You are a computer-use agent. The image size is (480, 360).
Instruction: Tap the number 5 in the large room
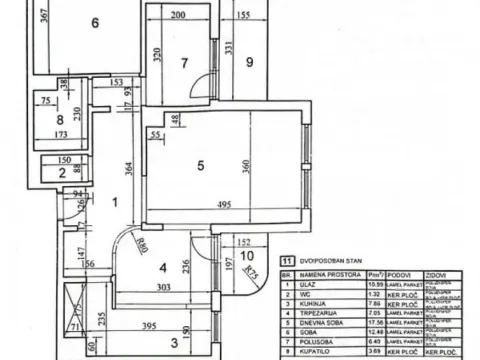click(201, 165)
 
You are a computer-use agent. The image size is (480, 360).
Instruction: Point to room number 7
click(184, 63)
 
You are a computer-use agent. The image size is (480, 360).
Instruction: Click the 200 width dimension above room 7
click(178, 16)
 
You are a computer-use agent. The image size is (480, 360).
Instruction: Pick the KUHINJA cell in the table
click(320, 307)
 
